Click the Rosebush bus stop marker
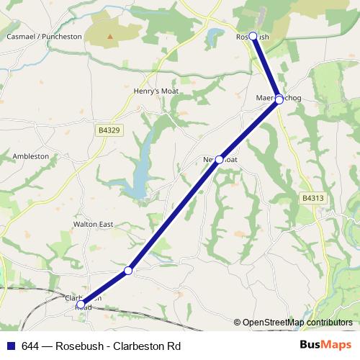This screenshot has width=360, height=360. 253,36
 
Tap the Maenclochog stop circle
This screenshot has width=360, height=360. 279,99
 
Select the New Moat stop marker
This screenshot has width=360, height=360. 219,159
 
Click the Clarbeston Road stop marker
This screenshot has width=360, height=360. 81,305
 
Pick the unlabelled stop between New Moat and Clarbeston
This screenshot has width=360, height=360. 128,271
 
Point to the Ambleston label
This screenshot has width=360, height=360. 31,156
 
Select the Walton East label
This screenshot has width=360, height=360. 94,225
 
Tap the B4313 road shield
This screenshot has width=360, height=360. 312,197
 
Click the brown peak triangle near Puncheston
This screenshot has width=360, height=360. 109,36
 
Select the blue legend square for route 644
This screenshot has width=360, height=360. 11,346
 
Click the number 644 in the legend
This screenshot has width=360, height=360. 30,346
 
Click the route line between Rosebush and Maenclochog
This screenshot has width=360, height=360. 266,68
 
